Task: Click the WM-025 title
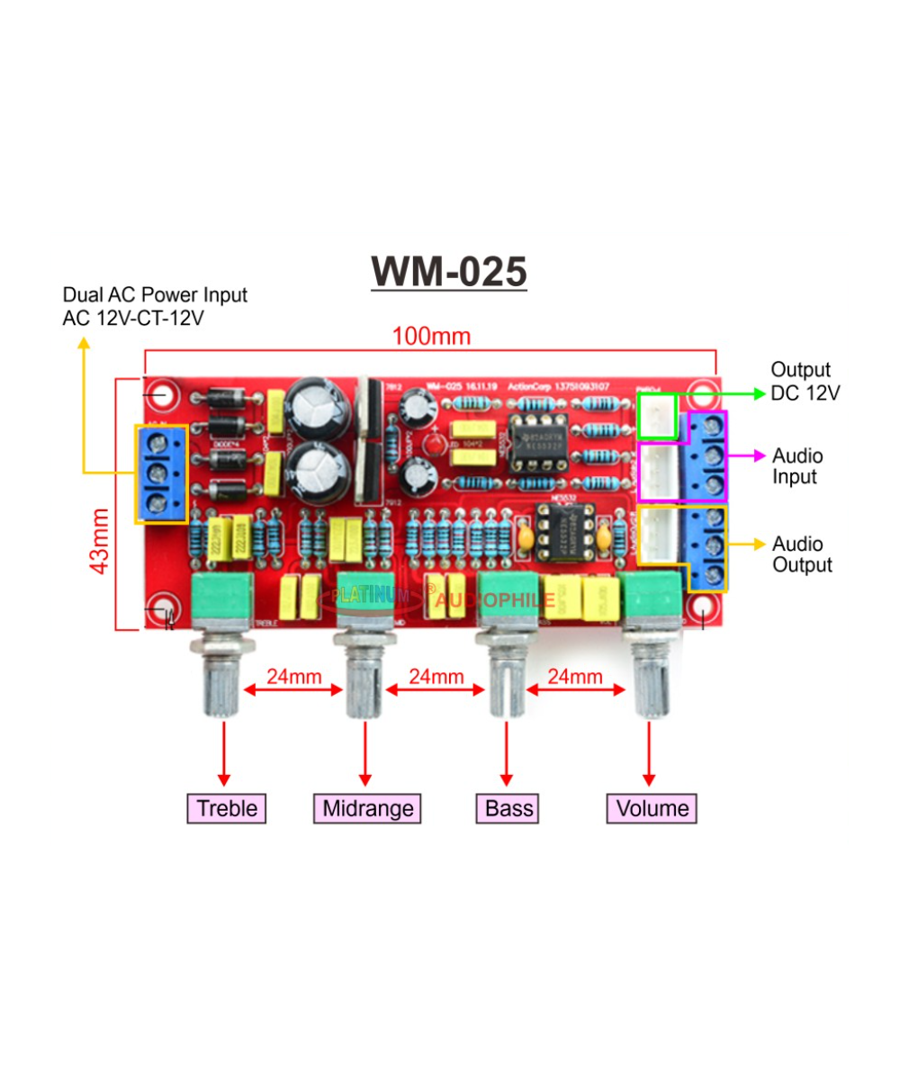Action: coord(449,271)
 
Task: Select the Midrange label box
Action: coord(367,808)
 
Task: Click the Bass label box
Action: coord(508,808)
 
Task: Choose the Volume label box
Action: coord(653,808)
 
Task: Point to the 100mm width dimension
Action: coord(430,337)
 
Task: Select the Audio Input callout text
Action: coord(797,466)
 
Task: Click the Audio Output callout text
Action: coord(802,554)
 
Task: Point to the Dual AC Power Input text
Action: coord(154,306)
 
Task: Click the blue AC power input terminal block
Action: coord(162,473)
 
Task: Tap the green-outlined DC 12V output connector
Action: coord(657,416)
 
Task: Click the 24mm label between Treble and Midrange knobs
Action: coord(293,677)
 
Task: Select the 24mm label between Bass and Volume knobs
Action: coord(575,677)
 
